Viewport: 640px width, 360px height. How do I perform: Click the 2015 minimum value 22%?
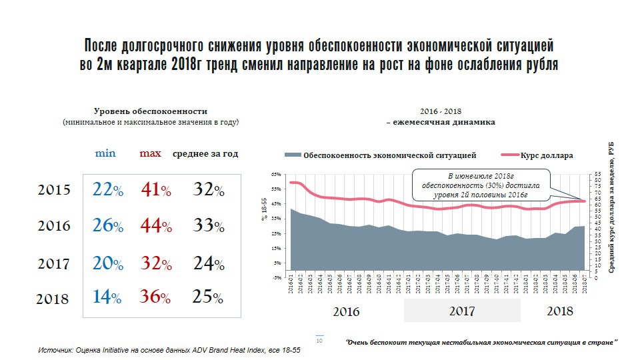point(108,190)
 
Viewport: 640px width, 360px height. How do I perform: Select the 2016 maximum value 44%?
point(156,226)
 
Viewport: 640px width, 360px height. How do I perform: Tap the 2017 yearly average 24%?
point(208,264)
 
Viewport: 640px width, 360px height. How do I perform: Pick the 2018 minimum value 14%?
point(107,297)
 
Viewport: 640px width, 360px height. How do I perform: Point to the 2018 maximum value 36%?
point(156,297)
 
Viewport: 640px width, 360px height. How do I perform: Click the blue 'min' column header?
point(105,153)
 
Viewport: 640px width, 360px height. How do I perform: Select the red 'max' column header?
point(150,153)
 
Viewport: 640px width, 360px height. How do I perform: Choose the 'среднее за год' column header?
point(205,153)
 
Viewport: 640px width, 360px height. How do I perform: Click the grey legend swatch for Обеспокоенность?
point(293,155)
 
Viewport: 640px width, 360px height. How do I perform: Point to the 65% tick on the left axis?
point(275,174)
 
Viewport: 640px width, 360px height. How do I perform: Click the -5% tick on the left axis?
point(275,277)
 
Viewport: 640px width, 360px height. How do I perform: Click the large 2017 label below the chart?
point(462,311)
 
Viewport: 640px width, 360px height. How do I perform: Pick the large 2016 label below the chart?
point(345,311)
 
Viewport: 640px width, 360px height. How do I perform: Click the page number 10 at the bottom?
point(319,341)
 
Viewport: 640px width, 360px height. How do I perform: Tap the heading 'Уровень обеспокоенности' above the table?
point(150,111)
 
